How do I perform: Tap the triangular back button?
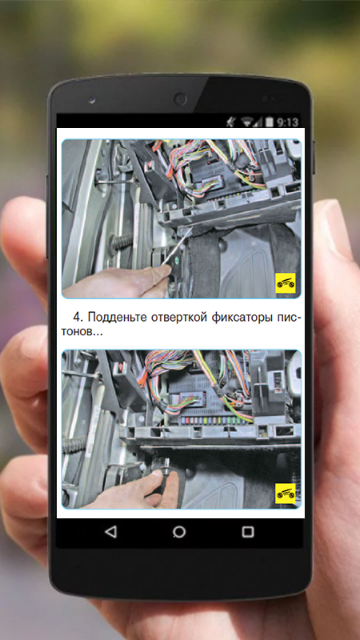pyautogui.click(x=111, y=532)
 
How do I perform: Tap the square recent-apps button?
pyautogui.click(x=248, y=532)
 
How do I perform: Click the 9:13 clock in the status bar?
pyautogui.click(x=288, y=122)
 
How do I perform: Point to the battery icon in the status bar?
pyautogui.click(x=269, y=122)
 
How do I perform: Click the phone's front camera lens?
pyautogui.click(x=180, y=99)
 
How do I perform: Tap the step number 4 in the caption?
pyautogui.click(x=77, y=317)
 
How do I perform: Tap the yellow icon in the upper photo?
pyautogui.click(x=285, y=283)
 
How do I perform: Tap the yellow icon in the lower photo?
pyautogui.click(x=285, y=494)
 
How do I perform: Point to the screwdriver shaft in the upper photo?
pyautogui.click(x=178, y=247)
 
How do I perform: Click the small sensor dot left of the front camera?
pyautogui.click(x=91, y=100)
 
